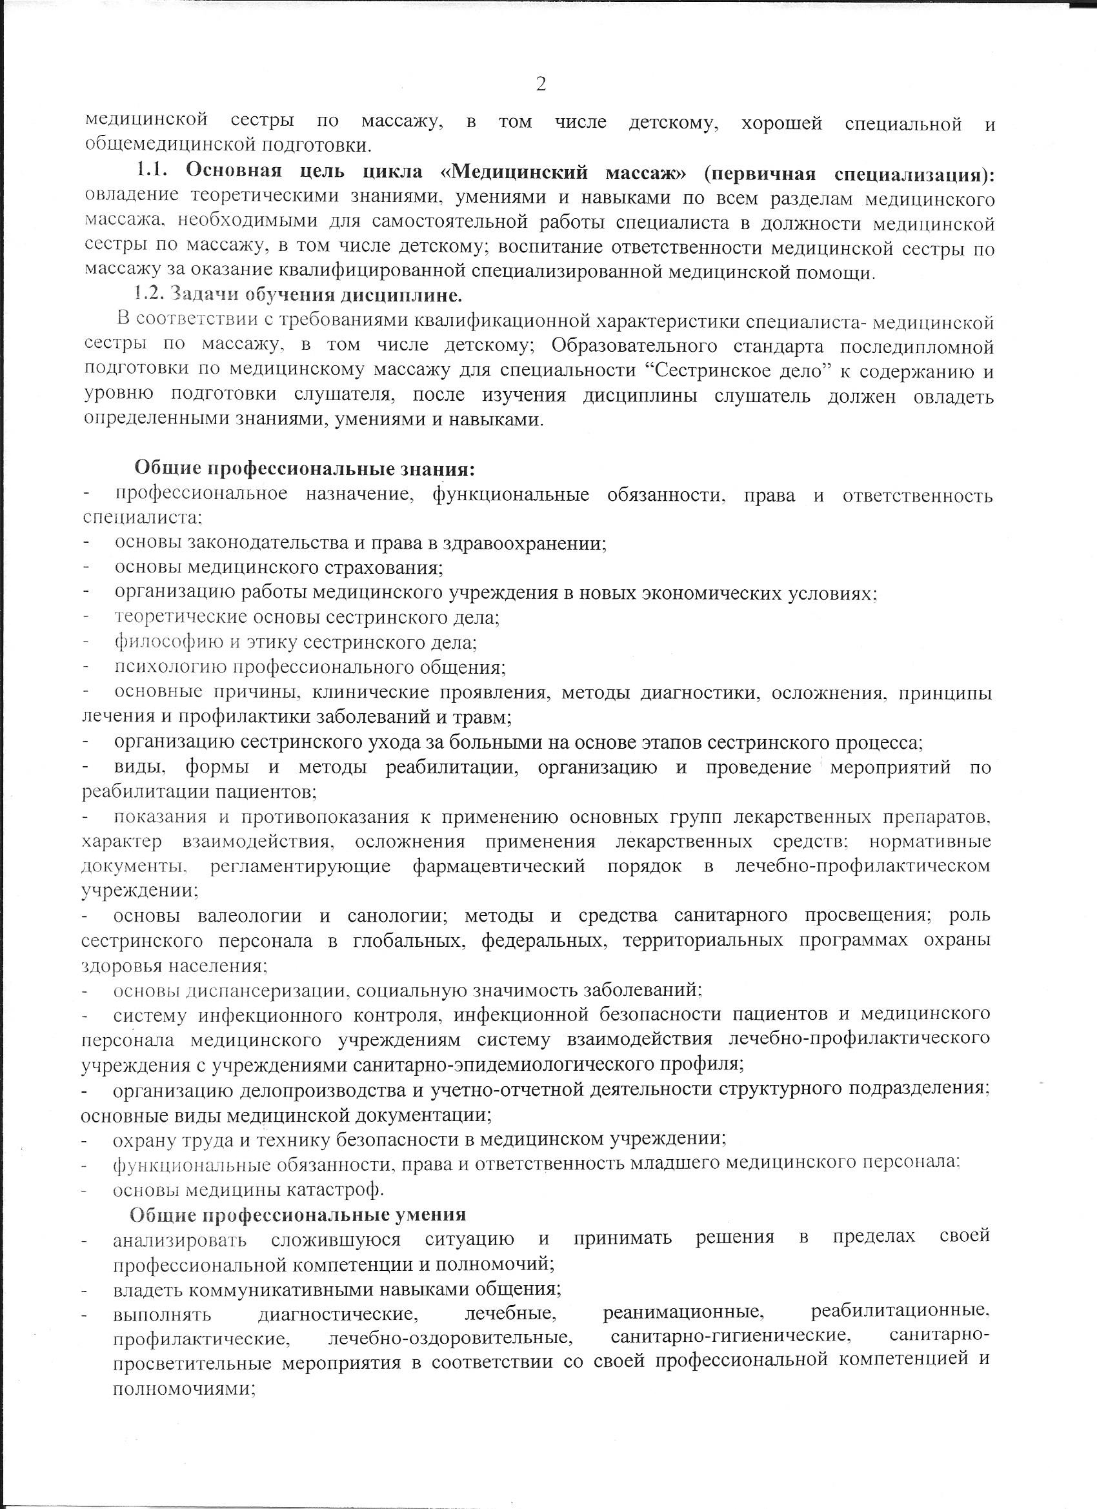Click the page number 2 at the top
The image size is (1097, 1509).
point(540,85)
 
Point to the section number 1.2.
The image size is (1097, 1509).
point(150,294)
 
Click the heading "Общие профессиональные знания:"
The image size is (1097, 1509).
point(305,469)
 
